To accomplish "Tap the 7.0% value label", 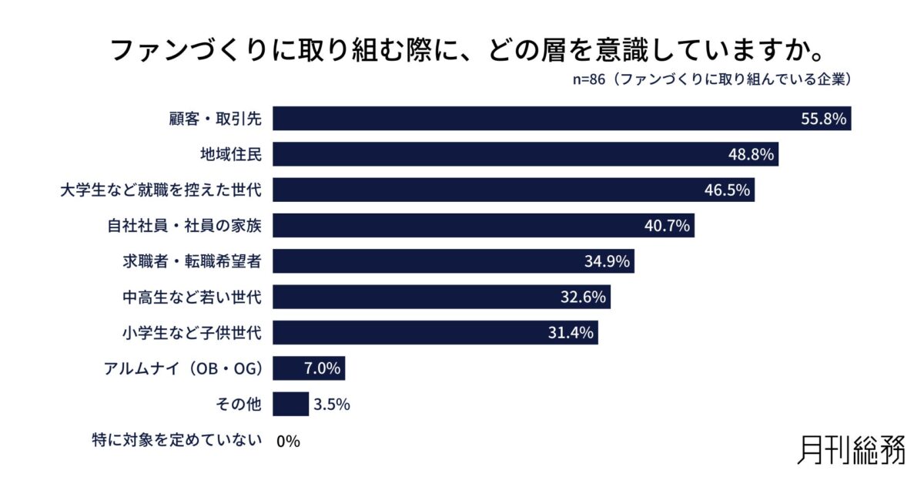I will click(323, 368).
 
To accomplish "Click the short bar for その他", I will click(290, 404).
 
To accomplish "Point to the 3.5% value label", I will click(332, 405).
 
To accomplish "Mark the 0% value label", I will click(287, 441).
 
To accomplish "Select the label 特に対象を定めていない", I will click(177, 441).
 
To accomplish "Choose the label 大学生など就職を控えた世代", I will click(162, 190).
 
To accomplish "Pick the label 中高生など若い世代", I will click(192, 297).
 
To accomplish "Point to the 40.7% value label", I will click(668, 226).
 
